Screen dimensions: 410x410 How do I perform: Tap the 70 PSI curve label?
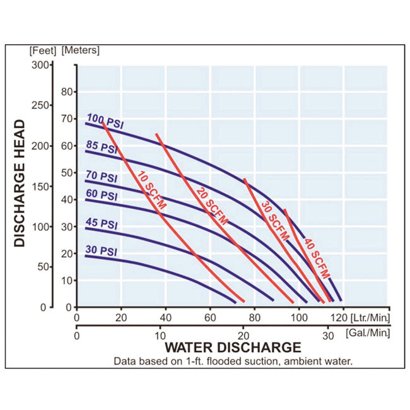[102, 178]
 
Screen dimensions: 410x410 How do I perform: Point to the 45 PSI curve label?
[102, 223]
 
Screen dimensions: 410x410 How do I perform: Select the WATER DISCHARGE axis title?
[233, 347]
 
